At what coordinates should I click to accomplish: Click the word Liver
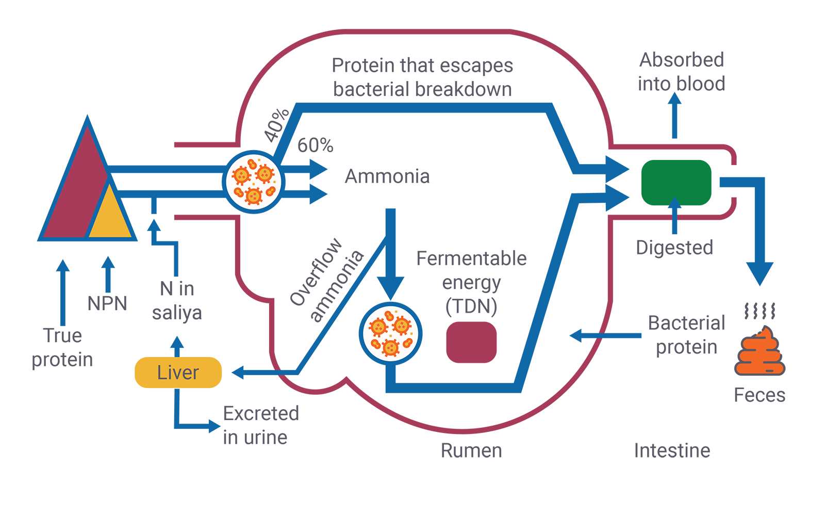(178, 373)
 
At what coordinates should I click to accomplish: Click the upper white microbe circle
(254, 182)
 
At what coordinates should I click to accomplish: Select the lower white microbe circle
(390, 334)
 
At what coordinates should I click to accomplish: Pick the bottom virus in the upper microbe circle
(253, 196)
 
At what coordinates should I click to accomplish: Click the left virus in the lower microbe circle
(378, 327)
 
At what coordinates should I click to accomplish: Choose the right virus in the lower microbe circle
(402, 325)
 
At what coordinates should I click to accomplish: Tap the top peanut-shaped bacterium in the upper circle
(252, 164)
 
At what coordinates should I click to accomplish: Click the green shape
(675, 182)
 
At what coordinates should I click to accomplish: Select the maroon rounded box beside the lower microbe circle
(472, 346)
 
